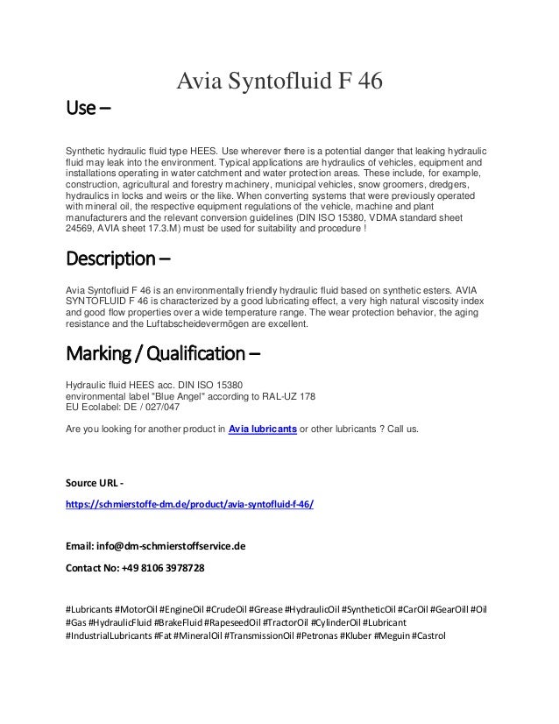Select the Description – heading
(x=119, y=260)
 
